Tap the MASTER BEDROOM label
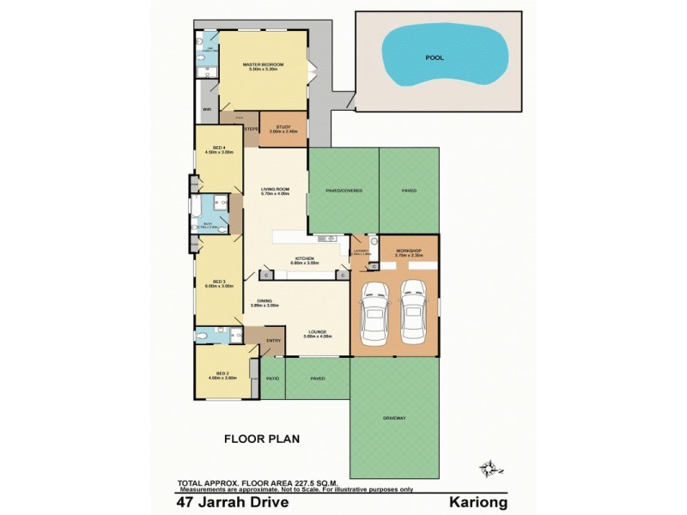(263, 64)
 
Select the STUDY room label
(283, 126)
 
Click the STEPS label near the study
(252, 130)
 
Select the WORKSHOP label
(406, 250)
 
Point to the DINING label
(263, 301)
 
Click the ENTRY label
(274, 341)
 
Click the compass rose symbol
(492, 467)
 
